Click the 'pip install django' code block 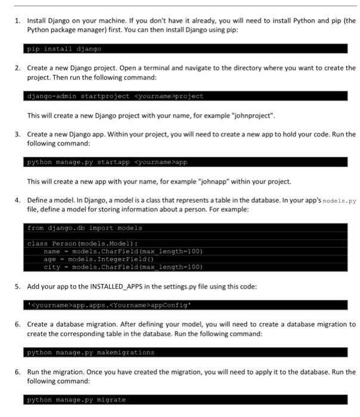[x=64, y=49]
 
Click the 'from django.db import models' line [x=85, y=228]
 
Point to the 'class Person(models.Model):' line [x=82, y=244]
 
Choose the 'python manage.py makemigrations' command [x=91, y=352]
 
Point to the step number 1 [x=18, y=20]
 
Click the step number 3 [x=18, y=135]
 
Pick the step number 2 [x=18, y=68]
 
